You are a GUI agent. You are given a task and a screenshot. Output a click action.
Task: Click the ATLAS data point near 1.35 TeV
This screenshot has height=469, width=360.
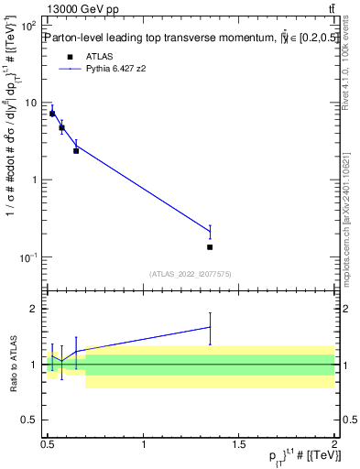click(211, 246)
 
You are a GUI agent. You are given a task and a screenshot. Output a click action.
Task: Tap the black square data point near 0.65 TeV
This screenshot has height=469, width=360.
click(76, 150)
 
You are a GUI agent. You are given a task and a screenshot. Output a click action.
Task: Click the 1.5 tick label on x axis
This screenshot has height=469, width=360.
click(239, 444)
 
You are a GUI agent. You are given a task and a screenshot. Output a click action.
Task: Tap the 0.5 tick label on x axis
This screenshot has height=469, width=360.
click(48, 444)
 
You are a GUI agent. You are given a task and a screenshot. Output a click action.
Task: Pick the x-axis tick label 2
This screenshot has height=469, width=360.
click(335, 444)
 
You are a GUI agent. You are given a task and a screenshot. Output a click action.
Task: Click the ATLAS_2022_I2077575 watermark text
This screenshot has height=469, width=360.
click(191, 273)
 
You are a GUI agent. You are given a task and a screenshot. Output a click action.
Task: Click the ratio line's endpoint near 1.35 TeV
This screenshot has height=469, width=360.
click(211, 327)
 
